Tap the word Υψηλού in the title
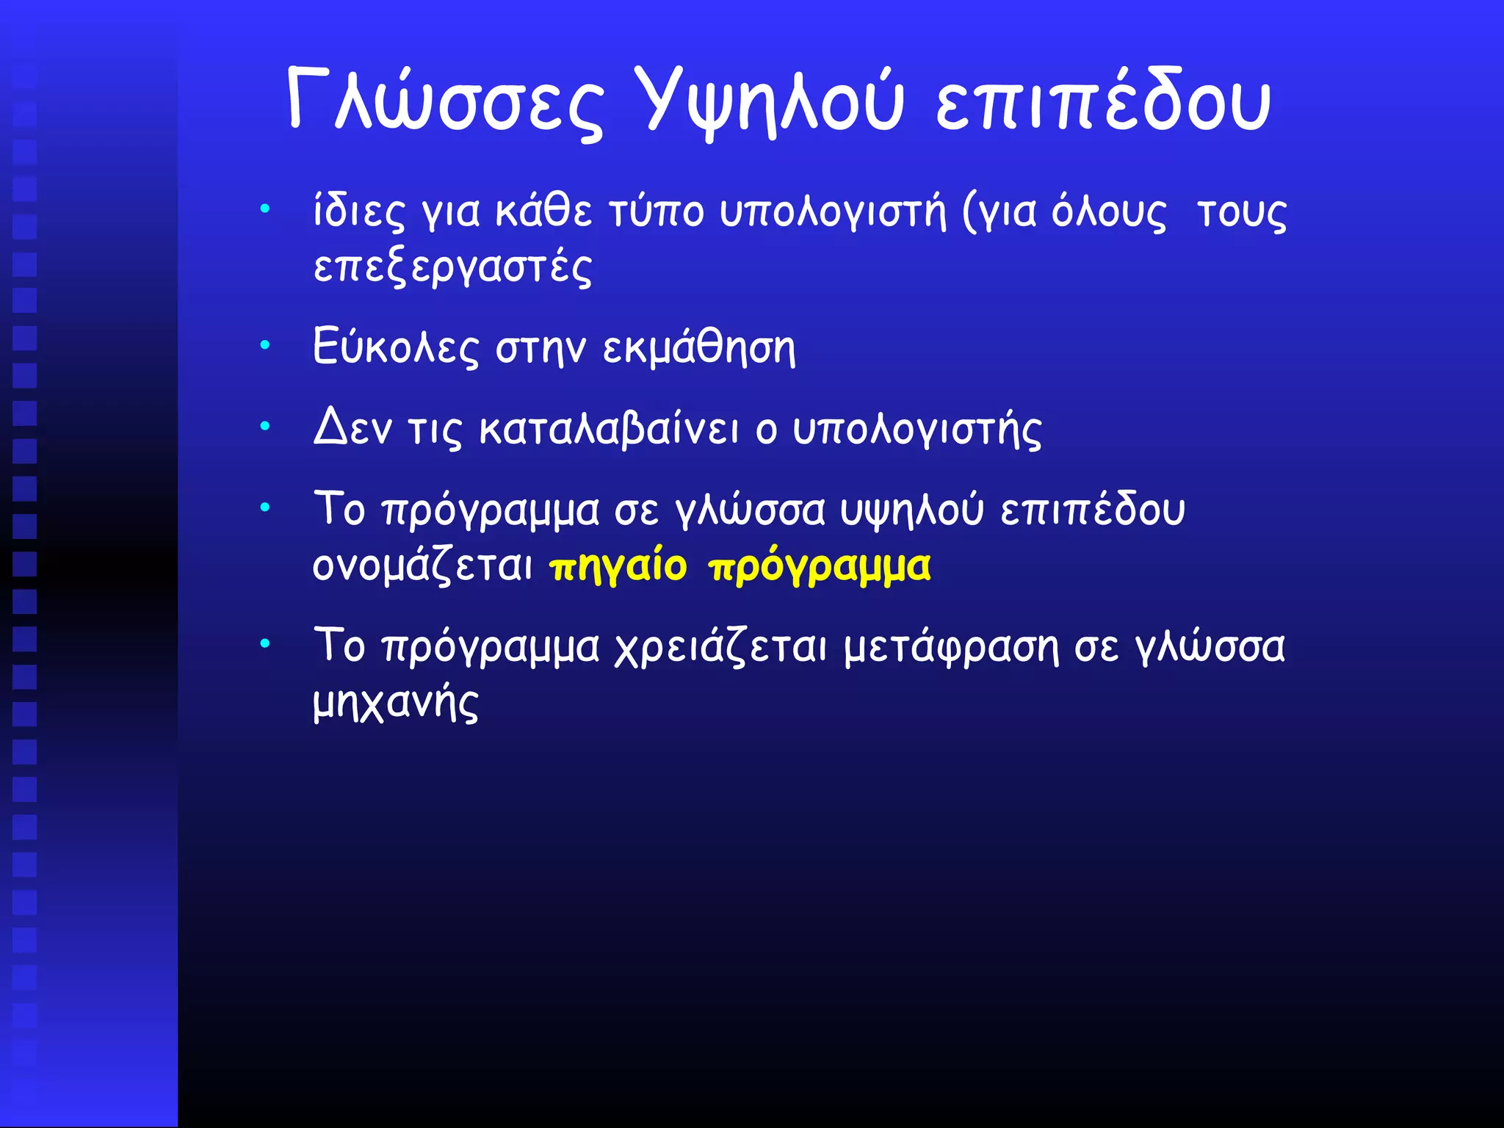[770, 101]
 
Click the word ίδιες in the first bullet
[358, 212]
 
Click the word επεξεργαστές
[452, 267]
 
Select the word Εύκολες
[395, 347]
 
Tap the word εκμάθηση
[698, 347]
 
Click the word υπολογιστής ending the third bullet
[916, 430]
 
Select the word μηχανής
[395, 704]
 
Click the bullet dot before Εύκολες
[265, 344]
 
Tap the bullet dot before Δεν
[265, 425]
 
